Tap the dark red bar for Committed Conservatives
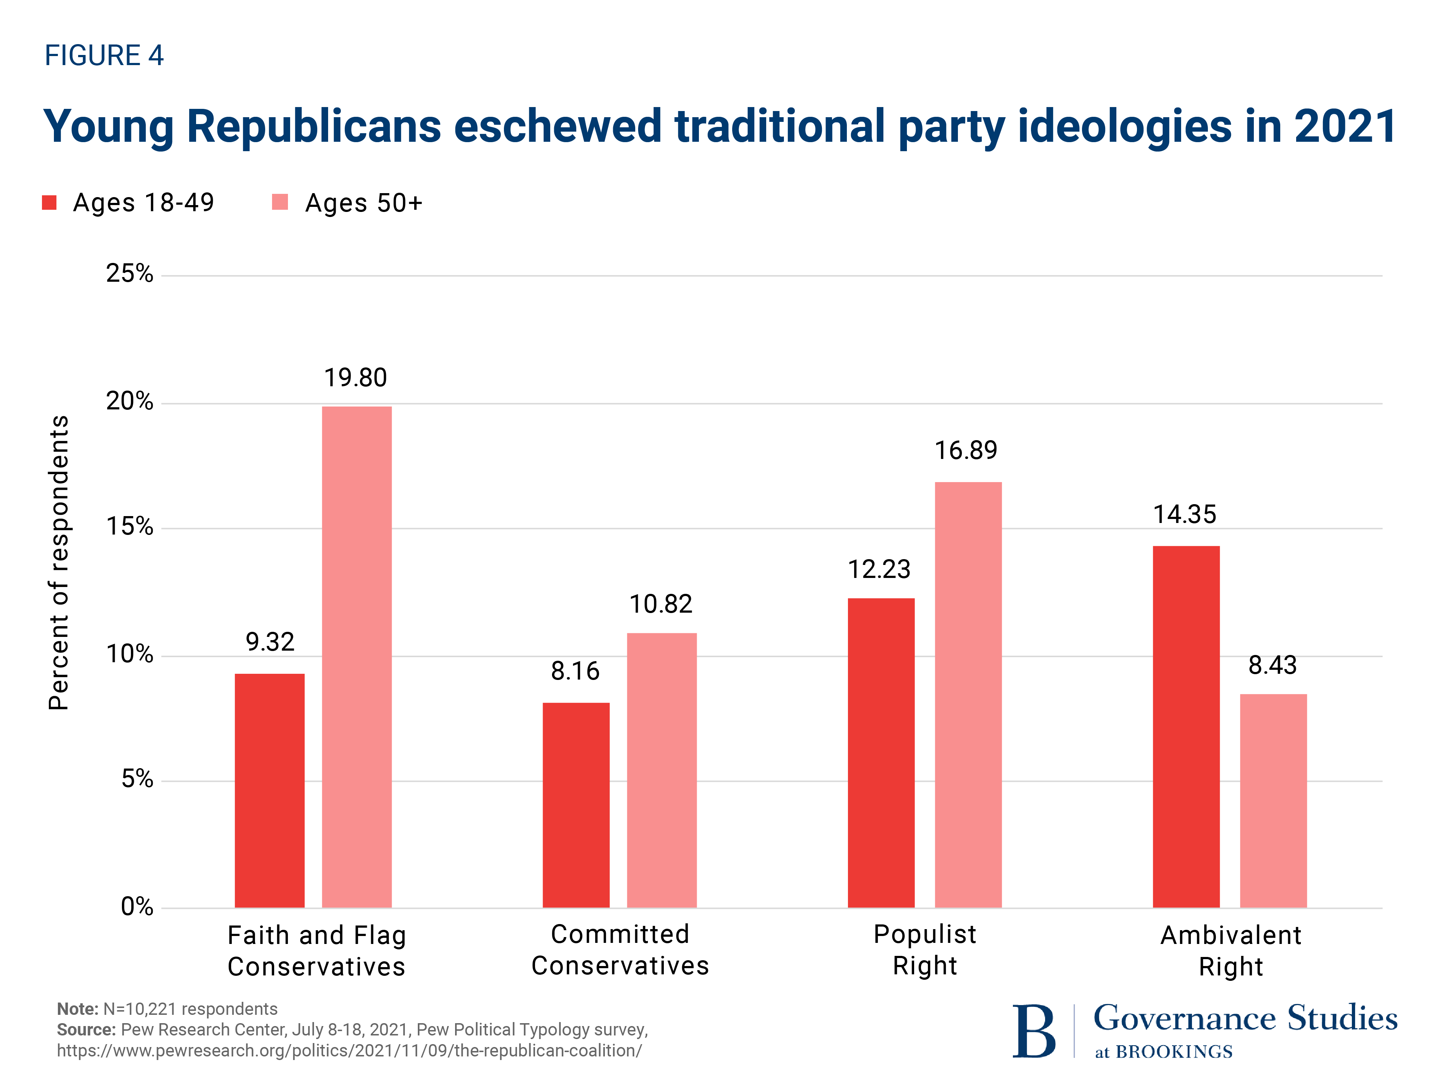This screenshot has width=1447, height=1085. [x=576, y=804]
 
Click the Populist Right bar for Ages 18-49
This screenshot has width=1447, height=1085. [x=880, y=752]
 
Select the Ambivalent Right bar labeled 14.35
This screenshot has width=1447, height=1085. [x=1185, y=726]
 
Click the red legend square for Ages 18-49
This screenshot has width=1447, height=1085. [x=49, y=203]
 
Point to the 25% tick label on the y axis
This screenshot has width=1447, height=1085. [x=130, y=273]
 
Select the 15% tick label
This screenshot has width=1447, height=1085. [x=130, y=527]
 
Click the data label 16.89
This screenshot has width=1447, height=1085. [x=966, y=451]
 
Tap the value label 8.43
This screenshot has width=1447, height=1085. [x=1272, y=665]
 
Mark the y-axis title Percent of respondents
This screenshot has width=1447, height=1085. [x=59, y=562]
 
